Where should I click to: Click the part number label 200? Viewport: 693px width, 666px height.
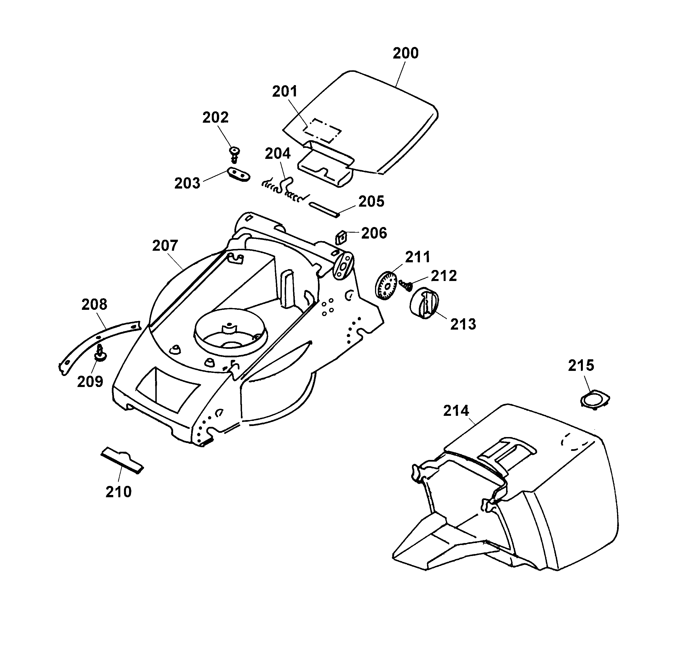click(406, 53)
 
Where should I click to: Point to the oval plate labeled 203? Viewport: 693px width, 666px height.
click(238, 174)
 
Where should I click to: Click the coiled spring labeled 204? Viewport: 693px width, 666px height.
click(285, 189)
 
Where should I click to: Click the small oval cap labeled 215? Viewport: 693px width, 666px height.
click(595, 399)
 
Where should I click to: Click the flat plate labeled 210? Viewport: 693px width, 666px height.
click(122, 461)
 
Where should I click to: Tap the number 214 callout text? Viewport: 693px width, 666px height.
click(456, 411)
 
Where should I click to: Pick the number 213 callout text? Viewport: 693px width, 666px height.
click(463, 324)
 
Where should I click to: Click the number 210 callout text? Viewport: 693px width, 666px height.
click(118, 492)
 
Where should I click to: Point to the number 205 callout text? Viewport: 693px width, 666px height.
click(371, 202)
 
